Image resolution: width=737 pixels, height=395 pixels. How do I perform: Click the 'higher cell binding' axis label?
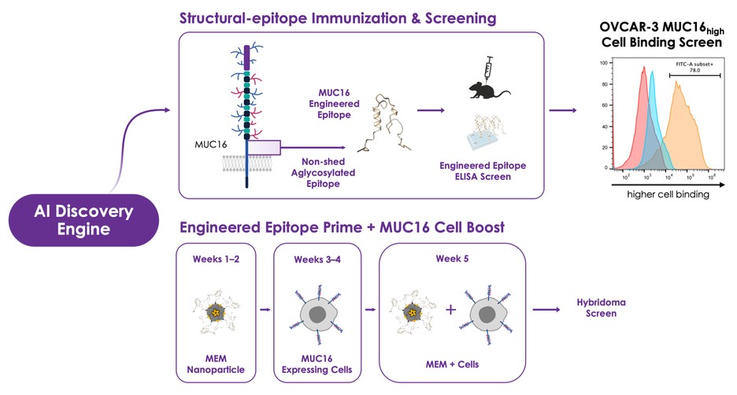coord(667,195)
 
